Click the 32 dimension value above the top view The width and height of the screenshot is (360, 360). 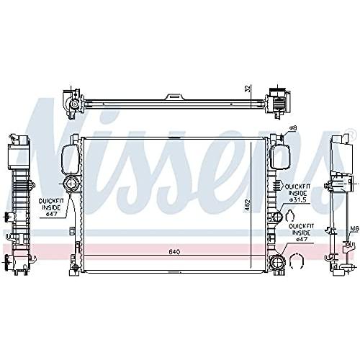248,89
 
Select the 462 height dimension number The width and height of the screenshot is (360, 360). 248,205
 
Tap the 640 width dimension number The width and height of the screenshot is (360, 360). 174,252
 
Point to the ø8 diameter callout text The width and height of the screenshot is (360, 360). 292,128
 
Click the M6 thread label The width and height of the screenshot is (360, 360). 354,230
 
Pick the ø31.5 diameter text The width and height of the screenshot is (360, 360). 298,199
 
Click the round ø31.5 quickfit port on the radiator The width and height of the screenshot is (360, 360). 277,217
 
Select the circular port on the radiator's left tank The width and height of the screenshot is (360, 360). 71,184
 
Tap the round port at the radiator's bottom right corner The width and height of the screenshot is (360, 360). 277,264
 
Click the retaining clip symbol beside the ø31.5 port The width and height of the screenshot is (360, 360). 290,215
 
